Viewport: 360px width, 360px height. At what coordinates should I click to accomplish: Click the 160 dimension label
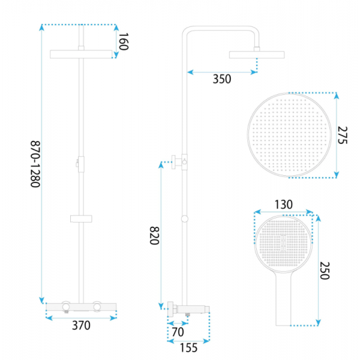tap(123, 41)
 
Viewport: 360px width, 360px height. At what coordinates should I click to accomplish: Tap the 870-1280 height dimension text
tap(35, 164)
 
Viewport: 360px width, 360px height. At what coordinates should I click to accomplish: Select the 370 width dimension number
tap(81, 325)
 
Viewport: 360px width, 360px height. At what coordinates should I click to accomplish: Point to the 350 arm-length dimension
tap(222, 79)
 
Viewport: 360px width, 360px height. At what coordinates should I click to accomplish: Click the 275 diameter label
tap(343, 135)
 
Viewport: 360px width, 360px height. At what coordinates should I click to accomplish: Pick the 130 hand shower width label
tap(284, 205)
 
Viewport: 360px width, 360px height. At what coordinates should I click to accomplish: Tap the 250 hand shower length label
tap(325, 271)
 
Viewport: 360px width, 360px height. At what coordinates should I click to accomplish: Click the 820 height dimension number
tap(154, 236)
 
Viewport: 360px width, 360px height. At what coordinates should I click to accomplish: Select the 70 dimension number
tap(178, 332)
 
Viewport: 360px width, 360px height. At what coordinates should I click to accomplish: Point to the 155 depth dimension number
tap(188, 347)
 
